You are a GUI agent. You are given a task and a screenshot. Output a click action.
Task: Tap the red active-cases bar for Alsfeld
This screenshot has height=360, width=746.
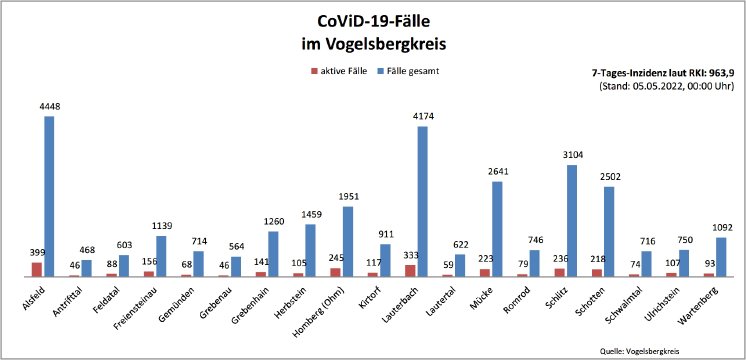37,269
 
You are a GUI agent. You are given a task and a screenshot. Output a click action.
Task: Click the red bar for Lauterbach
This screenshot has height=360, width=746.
410,270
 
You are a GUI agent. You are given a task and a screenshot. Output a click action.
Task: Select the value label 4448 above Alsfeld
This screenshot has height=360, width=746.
49,107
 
